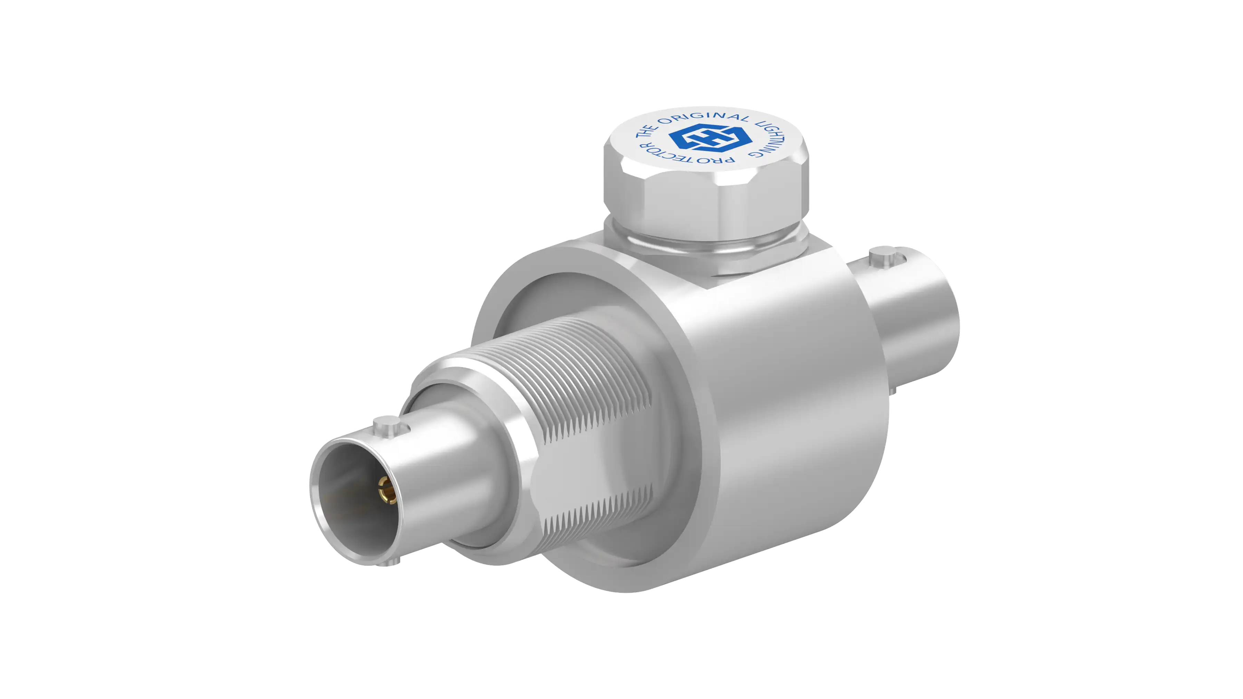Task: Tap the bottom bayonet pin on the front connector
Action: point(389,562)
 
